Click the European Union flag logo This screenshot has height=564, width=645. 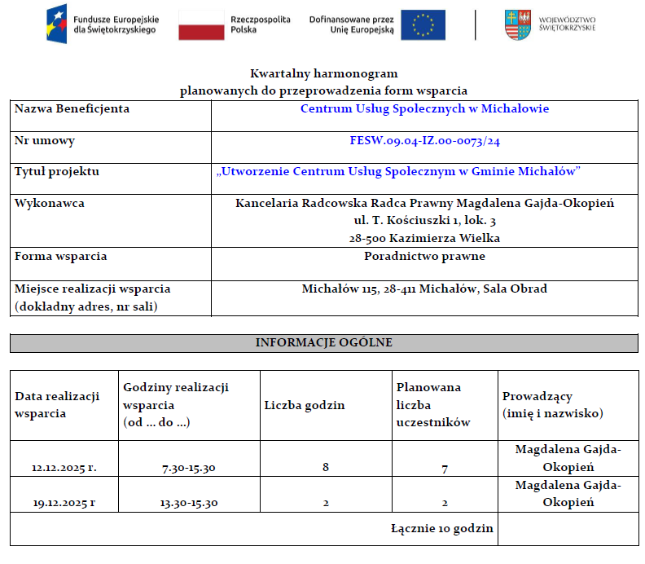(x=423, y=24)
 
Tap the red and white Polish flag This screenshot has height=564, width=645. (x=201, y=24)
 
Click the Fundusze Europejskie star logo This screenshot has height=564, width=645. (x=58, y=24)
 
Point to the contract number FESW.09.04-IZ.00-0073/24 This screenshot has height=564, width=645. (x=424, y=141)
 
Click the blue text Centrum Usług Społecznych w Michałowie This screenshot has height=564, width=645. (x=424, y=108)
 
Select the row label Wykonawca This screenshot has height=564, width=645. (x=50, y=203)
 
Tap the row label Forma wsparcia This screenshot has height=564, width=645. (x=61, y=256)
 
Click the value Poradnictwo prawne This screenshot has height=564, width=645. (x=424, y=256)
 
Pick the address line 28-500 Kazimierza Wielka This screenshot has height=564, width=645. (x=424, y=238)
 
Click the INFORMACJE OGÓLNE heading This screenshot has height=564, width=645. (x=323, y=342)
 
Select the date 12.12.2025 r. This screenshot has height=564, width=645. (x=64, y=468)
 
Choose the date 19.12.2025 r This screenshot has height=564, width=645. (x=64, y=503)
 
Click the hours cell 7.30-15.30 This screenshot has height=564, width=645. (x=189, y=468)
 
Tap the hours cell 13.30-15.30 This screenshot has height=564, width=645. (x=189, y=503)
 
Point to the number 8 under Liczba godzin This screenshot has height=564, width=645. (x=326, y=468)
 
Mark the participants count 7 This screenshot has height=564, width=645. (x=445, y=469)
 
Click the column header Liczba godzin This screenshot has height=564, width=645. (x=305, y=405)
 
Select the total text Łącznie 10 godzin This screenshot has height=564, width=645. (x=442, y=528)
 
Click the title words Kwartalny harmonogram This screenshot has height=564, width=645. (x=323, y=74)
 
